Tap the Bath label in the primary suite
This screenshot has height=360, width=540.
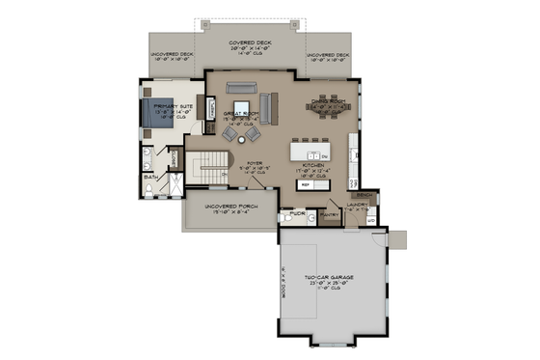(x=150, y=178)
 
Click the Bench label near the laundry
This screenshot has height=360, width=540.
(x=364, y=195)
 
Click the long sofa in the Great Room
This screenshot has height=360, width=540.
(x=267, y=102)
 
